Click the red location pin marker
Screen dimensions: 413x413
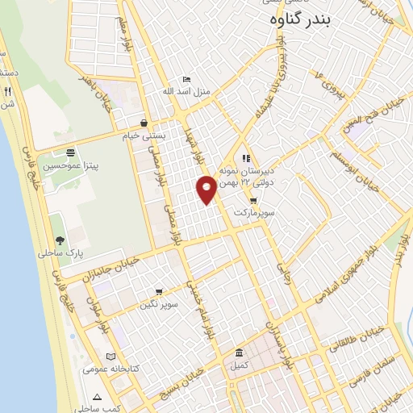[206, 190]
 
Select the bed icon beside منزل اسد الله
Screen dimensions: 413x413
[187, 79]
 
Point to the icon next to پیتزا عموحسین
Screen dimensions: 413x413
[71, 152]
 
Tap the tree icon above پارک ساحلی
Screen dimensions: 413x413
[60, 240]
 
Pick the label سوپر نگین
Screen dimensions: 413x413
[158, 304]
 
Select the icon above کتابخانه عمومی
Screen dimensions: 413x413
[111, 357]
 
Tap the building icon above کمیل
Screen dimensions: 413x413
[239, 353]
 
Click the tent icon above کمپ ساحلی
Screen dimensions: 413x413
[97, 397]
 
